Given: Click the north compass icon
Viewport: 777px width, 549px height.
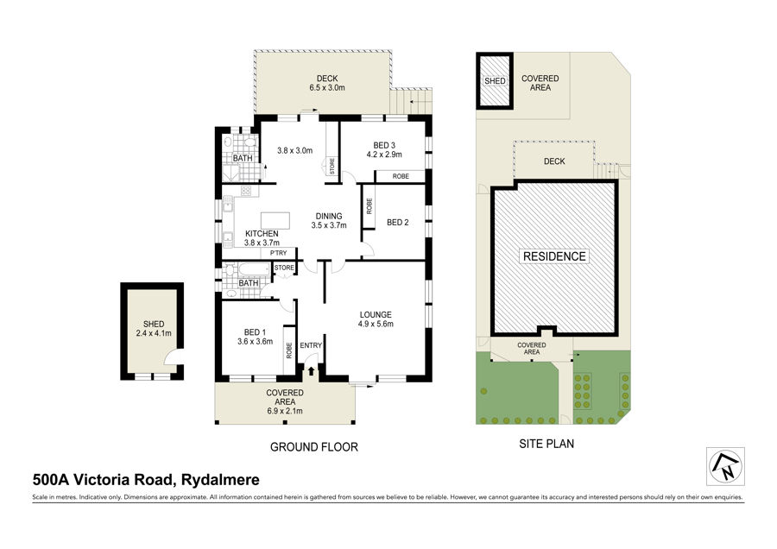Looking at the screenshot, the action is click(x=725, y=466).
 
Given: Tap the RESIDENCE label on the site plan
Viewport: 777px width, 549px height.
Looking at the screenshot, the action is click(x=554, y=256).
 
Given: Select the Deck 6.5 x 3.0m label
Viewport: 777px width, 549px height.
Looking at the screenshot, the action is click(x=327, y=83).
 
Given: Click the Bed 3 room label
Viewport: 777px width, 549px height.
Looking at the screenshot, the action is click(x=384, y=149).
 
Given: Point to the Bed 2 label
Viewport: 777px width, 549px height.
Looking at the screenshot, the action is click(x=397, y=223).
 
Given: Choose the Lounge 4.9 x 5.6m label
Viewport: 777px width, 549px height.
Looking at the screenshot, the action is click(x=376, y=319).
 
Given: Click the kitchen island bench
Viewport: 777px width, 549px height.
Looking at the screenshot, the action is click(x=275, y=220).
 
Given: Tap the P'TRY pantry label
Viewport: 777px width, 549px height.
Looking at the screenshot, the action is click(x=279, y=253).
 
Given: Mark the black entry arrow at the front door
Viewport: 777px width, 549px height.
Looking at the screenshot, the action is click(x=311, y=370).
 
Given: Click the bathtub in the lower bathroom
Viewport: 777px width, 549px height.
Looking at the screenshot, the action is click(x=254, y=269).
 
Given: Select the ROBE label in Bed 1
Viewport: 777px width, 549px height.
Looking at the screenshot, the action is click(x=289, y=350).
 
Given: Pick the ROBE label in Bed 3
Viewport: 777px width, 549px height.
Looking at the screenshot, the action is click(x=401, y=176).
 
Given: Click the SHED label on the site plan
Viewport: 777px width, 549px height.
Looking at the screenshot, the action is click(x=495, y=81).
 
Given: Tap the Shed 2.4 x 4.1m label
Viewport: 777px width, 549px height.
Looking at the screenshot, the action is click(x=154, y=329).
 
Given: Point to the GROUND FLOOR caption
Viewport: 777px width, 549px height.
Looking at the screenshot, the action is click(x=313, y=447).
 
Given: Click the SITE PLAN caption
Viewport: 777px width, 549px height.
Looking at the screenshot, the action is click(x=546, y=444).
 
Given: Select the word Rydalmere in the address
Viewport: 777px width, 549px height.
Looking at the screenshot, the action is click(x=220, y=480).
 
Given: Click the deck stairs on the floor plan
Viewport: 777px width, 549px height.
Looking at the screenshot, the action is click(x=410, y=102).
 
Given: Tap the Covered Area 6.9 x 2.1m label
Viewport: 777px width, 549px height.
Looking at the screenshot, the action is click(x=285, y=402).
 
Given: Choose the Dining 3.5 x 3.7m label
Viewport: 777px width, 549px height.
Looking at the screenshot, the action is click(x=329, y=220).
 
